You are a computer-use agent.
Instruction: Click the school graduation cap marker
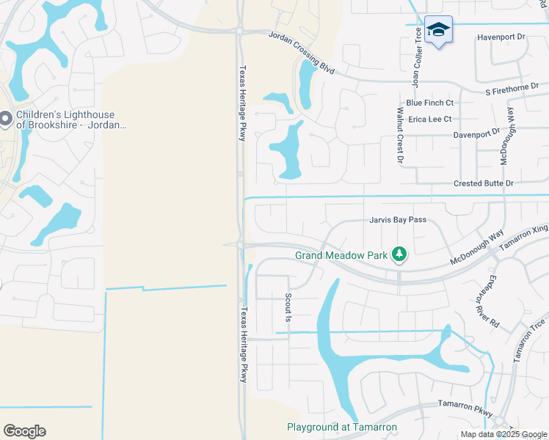click(x=438, y=29)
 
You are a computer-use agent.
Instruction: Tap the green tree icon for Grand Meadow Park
click(x=399, y=254)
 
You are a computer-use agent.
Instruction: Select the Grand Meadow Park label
click(x=341, y=255)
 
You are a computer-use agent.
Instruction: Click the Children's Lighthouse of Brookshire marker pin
click(x=6, y=118)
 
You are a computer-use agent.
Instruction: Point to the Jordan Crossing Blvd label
click(x=301, y=54)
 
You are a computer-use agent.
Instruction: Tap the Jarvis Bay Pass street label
click(x=397, y=220)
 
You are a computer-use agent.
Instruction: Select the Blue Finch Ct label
click(x=430, y=103)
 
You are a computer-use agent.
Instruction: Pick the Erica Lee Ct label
click(x=429, y=119)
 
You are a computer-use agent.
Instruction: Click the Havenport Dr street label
click(x=501, y=36)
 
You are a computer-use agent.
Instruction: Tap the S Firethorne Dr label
click(x=517, y=88)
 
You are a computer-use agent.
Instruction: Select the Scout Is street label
click(x=288, y=308)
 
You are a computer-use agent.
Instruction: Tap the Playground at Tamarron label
click(x=341, y=428)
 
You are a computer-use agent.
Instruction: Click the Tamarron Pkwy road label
click(x=465, y=408)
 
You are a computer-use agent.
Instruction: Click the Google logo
click(x=24, y=431)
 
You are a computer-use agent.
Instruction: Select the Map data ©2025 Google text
click(x=503, y=435)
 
